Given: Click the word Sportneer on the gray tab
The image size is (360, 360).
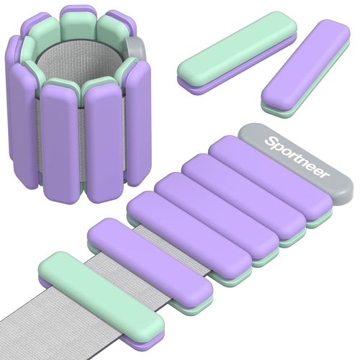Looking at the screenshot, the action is point(297,158).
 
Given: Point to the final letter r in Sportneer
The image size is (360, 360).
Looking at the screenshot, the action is point(326,174).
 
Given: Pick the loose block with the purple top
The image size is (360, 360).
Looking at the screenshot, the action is point(305,69).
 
